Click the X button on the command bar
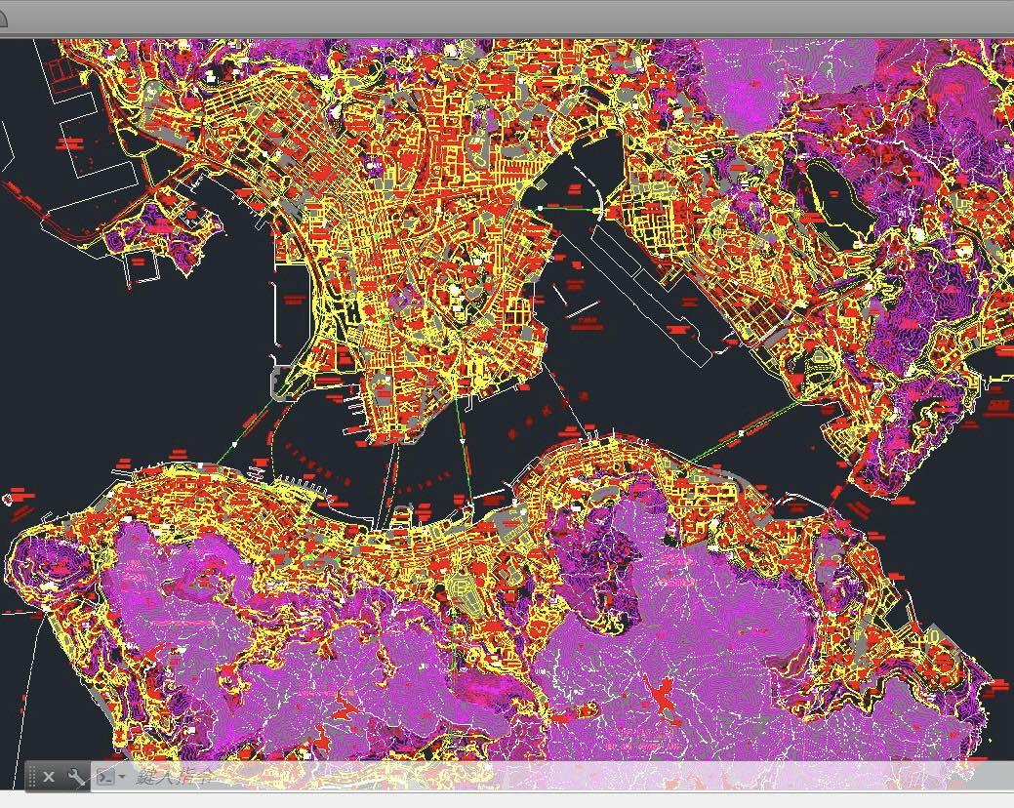coord(49,777)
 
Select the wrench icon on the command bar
coord(76,777)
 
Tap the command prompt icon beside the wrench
coord(104,777)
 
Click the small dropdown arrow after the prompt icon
coord(121,778)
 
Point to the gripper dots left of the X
coord(32,777)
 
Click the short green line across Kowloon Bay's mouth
coord(571,208)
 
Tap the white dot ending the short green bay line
coord(540,207)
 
